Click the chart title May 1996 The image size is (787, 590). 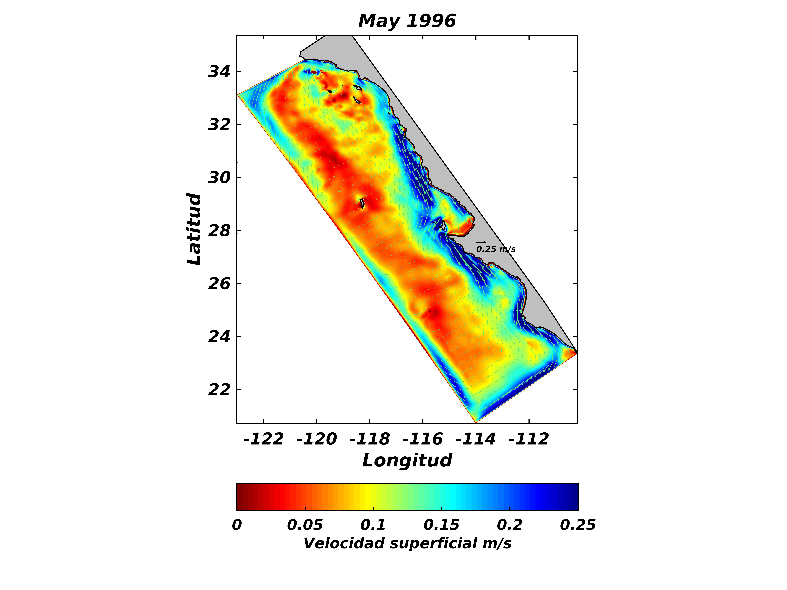[407, 21]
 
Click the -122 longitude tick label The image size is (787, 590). [263, 439]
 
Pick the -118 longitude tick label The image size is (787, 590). [370, 439]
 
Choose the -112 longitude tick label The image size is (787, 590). [529, 439]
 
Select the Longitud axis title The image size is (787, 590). [407, 461]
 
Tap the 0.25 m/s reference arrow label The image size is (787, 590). [496, 249]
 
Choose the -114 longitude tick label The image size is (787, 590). [476, 439]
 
